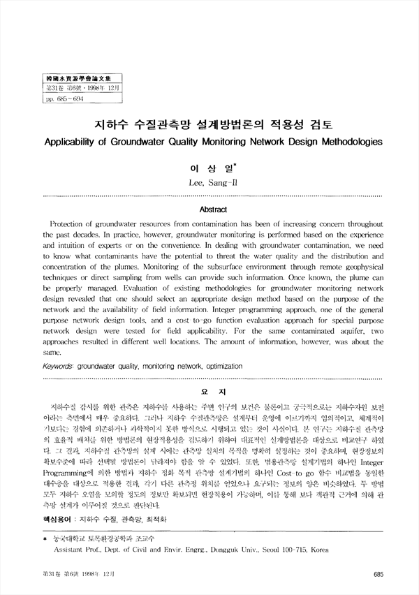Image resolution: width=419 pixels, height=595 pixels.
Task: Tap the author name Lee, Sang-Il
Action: (x=209, y=183)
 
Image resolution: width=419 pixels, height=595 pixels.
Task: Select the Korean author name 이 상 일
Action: (x=208, y=168)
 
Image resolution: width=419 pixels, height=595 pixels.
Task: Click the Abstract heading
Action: (x=209, y=209)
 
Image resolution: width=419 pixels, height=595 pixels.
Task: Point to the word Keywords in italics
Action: (x=61, y=365)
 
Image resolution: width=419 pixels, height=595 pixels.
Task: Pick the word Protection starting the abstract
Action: (x=72, y=223)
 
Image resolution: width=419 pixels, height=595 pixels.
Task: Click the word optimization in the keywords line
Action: (x=208, y=365)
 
